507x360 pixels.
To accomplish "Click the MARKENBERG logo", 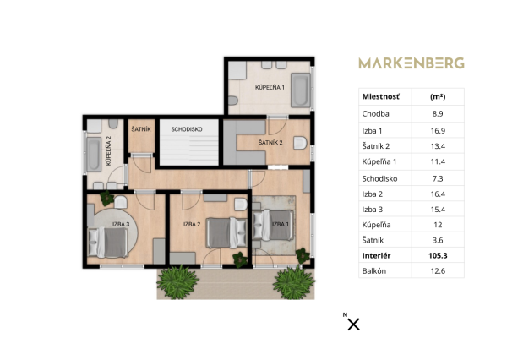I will (x=411, y=63).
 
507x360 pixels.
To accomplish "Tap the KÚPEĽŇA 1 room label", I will (x=271, y=89).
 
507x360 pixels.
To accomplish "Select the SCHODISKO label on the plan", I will (x=185, y=129).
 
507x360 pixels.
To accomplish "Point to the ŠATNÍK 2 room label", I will (x=270, y=143).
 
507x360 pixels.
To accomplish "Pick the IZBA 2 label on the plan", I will (x=191, y=224).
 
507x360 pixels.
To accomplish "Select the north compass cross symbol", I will (x=353, y=324).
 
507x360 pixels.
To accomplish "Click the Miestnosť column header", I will (x=380, y=97).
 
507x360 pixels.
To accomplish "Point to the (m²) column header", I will (x=438, y=97).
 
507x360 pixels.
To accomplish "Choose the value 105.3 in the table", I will (x=438, y=254).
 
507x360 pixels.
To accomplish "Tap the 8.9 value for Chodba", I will (x=438, y=112).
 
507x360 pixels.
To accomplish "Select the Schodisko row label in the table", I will (x=379, y=178).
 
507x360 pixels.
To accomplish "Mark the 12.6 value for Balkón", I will (x=438, y=270).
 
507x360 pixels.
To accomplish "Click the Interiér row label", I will (x=376, y=254).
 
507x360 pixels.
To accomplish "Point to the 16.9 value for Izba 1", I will (x=438, y=130).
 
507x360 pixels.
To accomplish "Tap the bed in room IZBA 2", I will (x=219, y=232).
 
